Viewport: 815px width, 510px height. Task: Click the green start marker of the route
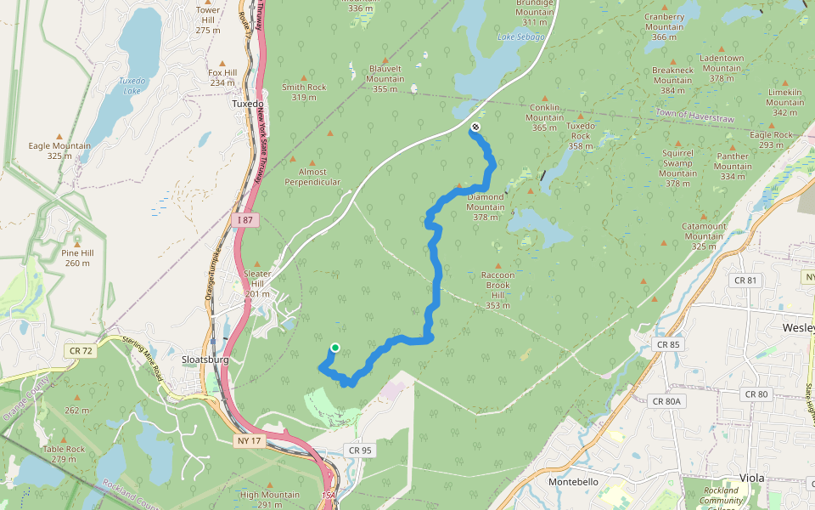pyautogui.click(x=334, y=348)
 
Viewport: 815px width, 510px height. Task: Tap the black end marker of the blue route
pyautogui.click(x=475, y=127)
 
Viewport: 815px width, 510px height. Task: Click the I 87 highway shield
pyautogui.click(x=244, y=220)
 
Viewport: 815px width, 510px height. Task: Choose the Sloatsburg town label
pyautogui.click(x=205, y=360)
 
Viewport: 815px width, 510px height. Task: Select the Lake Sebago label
pyautogui.click(x=520, y=37)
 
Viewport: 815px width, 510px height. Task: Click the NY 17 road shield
pyautogui.click(x=248, y=440)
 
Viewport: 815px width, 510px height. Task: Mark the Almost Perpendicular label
pyautogui.click(x=312, y=177)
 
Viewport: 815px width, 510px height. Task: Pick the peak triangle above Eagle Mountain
pyautogui.click(x=59, y=135)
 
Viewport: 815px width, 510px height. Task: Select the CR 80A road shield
pyautogui.click(x=668, y=401)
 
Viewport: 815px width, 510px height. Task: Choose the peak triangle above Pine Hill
pyautogui.click(x=77, y=243)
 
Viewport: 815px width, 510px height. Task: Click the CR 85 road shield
pyautogui.click(x=668, y=344)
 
